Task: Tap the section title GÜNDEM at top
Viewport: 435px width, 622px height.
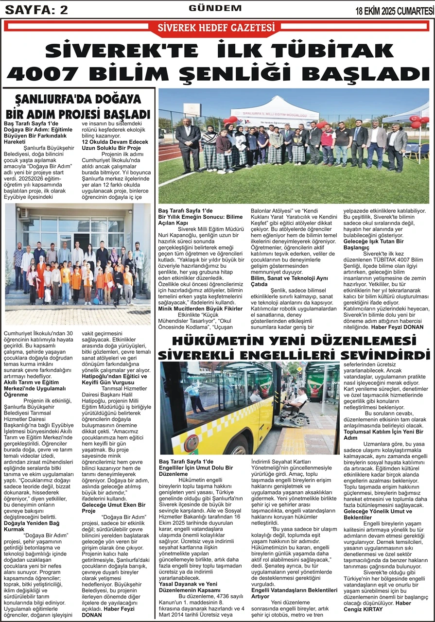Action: [x=215, y=8]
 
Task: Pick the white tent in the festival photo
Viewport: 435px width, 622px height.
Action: [x=275, y=111]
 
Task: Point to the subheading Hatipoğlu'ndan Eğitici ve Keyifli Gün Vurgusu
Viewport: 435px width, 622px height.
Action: [x=114, y=380]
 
